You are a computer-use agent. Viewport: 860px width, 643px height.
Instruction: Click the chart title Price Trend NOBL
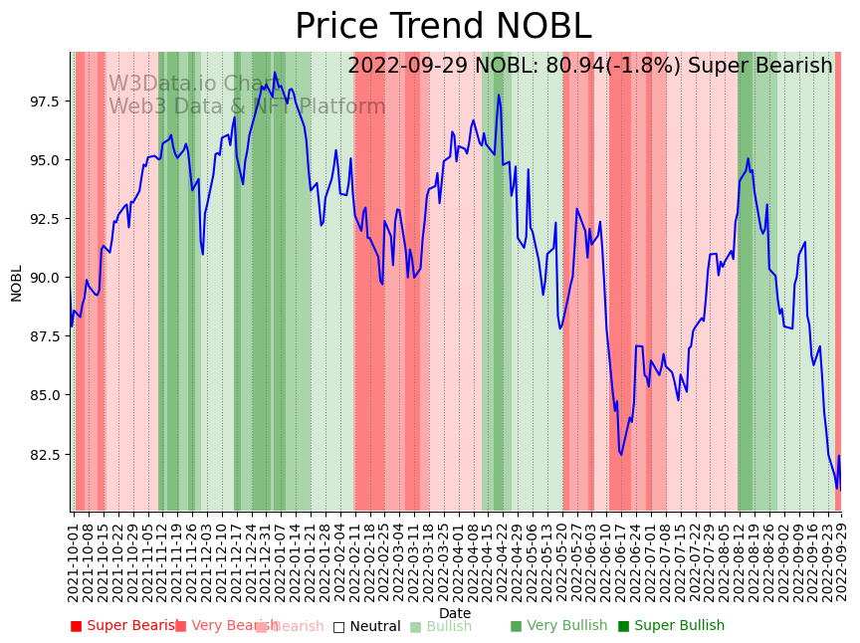443,27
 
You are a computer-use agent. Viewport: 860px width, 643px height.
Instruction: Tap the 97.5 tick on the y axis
45,102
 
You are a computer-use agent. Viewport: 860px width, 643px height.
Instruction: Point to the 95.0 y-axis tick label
45,160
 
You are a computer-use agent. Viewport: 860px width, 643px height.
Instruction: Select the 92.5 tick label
45,219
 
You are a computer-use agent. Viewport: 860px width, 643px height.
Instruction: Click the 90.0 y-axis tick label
45,278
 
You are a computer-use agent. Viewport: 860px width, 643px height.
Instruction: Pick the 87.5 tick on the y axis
45,336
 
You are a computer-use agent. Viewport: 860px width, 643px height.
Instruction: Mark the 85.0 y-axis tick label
45,395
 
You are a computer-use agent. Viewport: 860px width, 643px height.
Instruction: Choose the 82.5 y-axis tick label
45,455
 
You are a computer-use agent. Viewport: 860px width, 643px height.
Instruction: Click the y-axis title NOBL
16,283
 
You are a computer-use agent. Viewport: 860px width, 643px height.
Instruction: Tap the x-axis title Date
455,613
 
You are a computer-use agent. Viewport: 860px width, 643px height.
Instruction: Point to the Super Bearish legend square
76,626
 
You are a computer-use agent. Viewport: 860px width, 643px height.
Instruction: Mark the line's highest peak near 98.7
275,73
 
